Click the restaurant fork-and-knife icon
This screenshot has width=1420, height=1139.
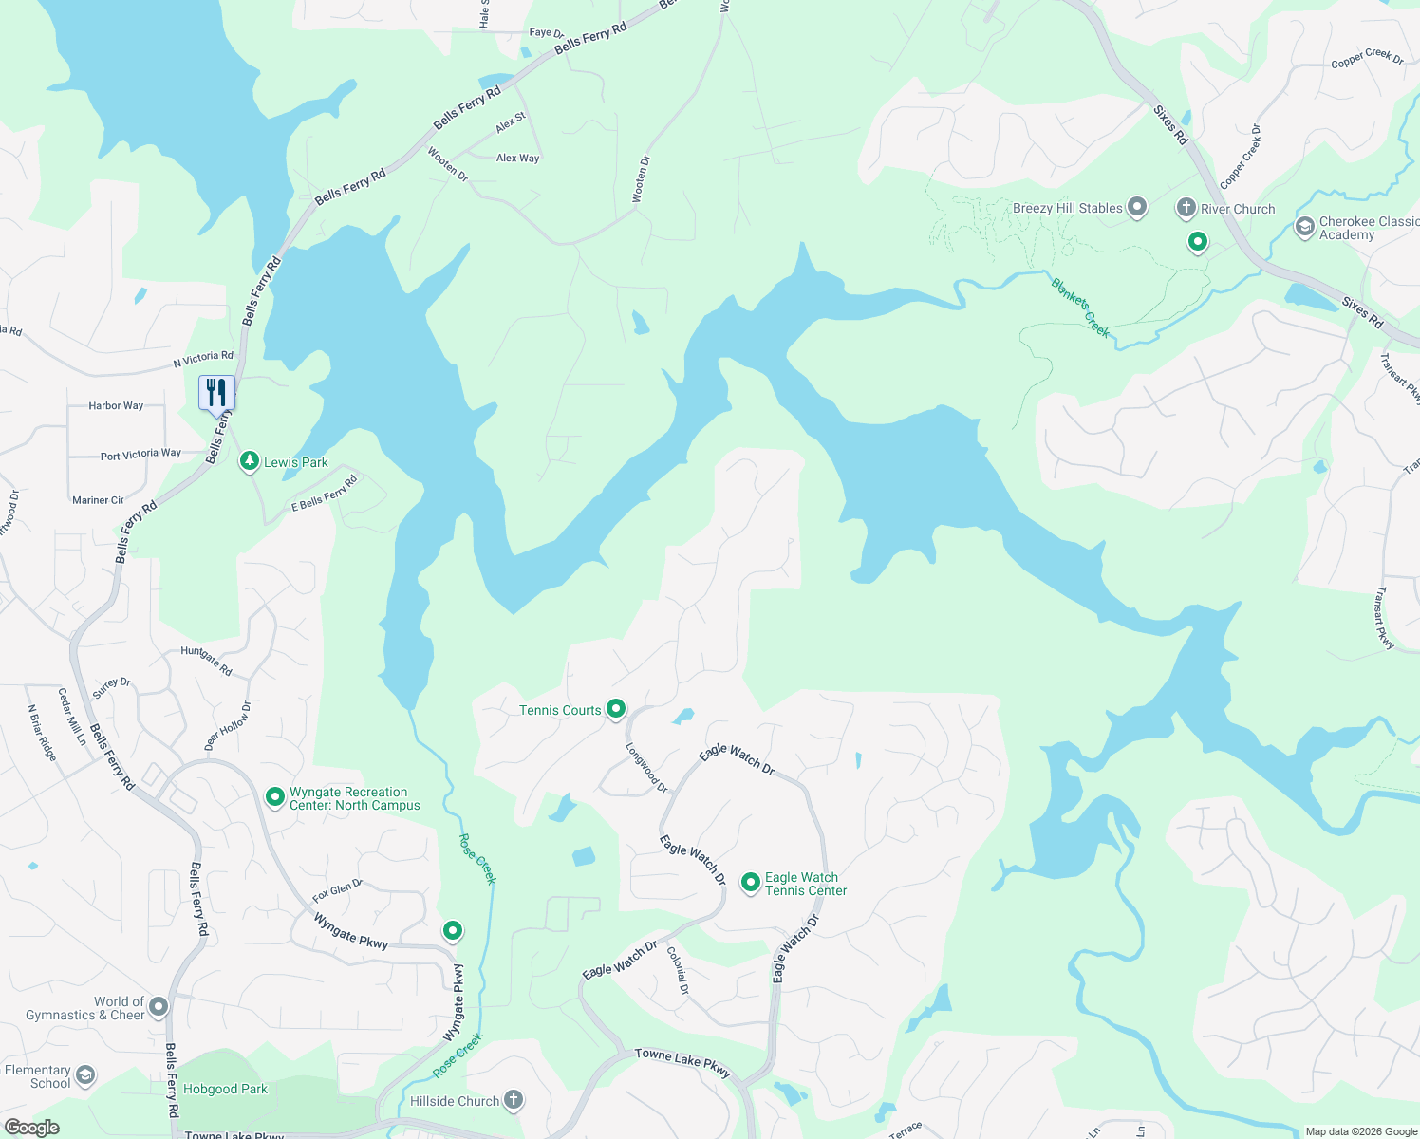216,392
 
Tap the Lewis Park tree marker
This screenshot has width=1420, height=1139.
249,461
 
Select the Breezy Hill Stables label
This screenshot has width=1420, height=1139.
1067,209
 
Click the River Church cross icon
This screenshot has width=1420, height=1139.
1186,208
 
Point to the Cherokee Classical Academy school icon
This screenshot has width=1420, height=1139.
1305,227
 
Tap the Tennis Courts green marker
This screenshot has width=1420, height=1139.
616,709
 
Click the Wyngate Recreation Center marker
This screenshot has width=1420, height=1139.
275,797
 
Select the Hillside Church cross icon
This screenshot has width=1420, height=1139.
514,1100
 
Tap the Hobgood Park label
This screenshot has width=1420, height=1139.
225,1089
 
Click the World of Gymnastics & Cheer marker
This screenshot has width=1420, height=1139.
159,1006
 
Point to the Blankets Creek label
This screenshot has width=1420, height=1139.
1080,308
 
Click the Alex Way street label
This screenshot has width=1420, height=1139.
517,159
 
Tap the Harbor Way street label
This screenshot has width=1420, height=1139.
116,405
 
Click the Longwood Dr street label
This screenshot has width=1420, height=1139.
646,768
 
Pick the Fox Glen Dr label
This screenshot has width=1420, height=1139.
338,890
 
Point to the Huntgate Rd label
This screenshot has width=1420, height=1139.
206,661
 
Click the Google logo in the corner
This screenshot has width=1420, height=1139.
31,1128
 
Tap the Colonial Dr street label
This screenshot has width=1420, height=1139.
677,970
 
